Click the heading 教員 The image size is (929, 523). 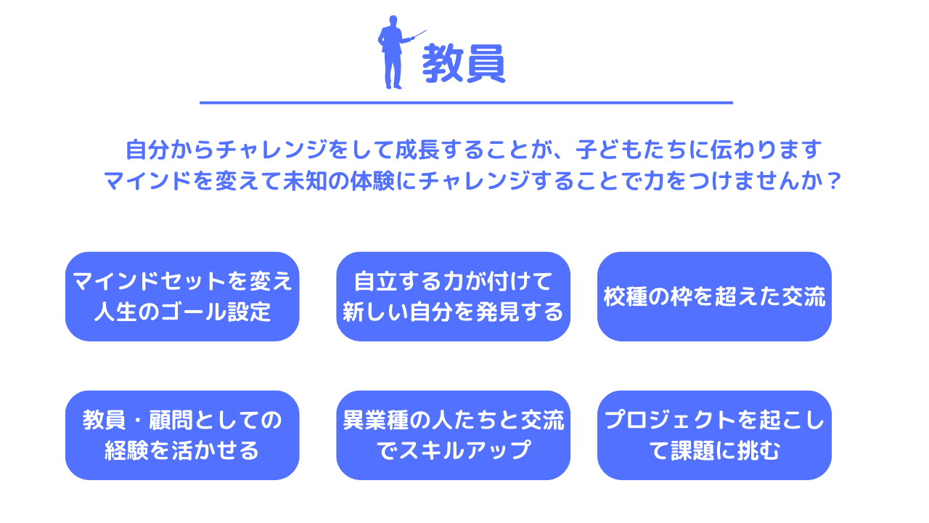[x=464, y=63]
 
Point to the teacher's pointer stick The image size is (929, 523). [x=419, y=34]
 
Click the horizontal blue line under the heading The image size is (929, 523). [x=466, y=102]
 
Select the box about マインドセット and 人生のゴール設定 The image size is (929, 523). [x=182, y=296]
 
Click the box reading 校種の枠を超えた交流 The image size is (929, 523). [x=714, y=296]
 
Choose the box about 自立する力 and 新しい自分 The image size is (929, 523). [x=453, y=296]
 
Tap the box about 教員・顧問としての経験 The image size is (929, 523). [x=182, y=435]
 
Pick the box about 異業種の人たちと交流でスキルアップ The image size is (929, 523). [x=453, y=435]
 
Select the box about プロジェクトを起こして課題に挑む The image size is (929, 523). [x=714, y=435]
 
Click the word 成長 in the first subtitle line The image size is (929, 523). [x=417, y=150]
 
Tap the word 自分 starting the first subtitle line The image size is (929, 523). [x=147, y=150]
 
